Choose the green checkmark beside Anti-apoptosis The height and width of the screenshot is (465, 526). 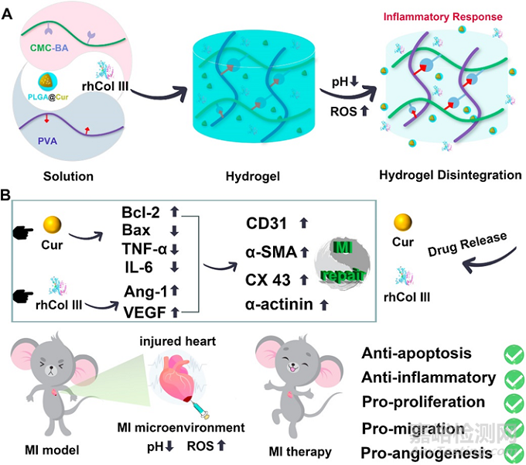coord(513,354)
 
